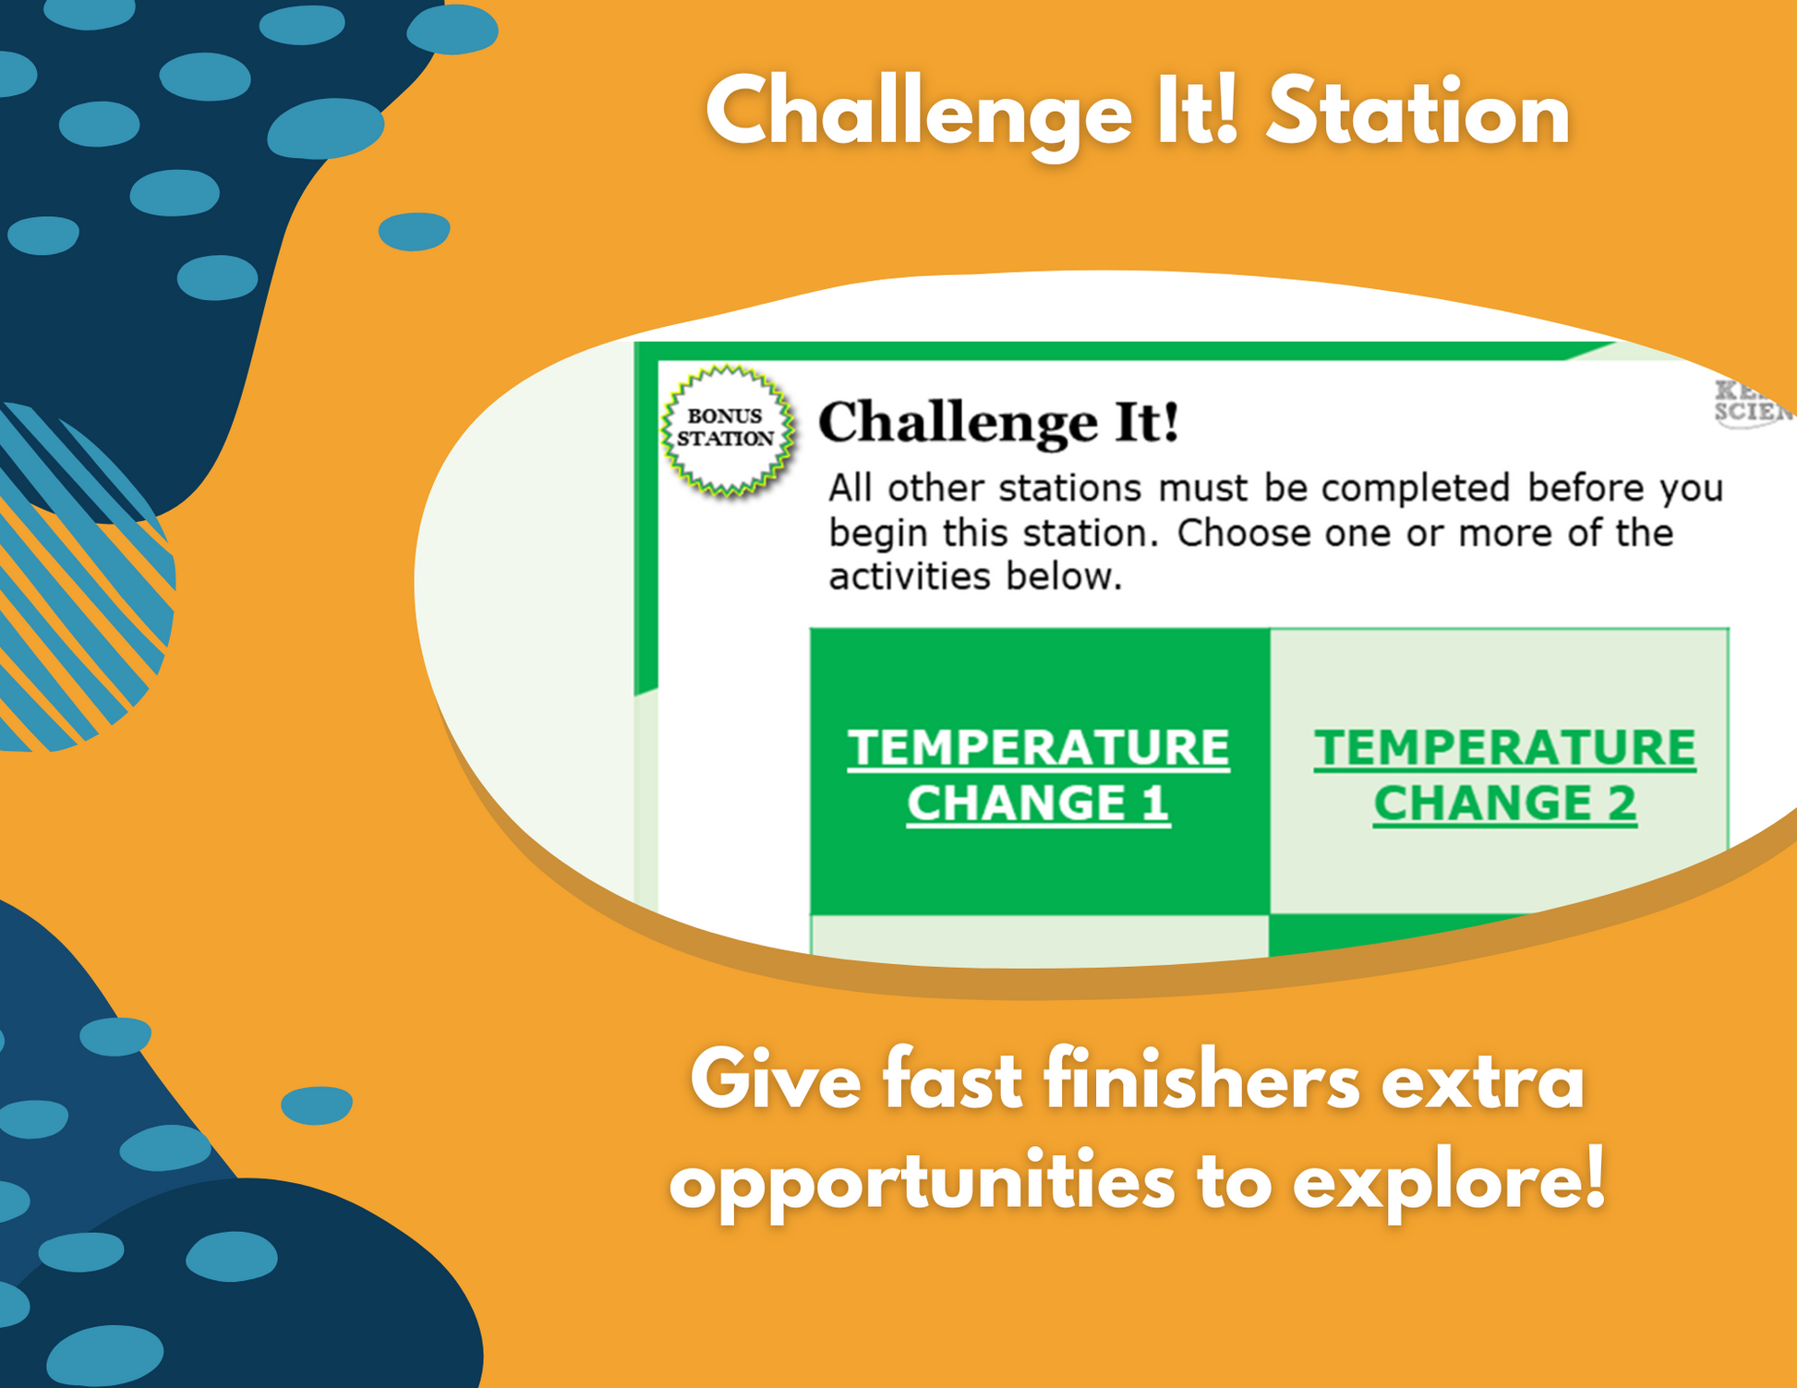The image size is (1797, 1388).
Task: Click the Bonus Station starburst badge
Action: click(728, 428)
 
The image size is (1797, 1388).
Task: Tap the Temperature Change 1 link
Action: click(1038, 774)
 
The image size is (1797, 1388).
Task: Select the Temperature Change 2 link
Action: click(1504, 774)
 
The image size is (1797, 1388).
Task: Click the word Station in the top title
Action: click(1417, 114)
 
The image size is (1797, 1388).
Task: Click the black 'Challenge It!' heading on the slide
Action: click(999, 422)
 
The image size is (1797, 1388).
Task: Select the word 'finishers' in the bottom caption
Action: click(1202, 1081)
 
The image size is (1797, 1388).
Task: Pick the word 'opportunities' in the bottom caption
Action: click(923, 1183)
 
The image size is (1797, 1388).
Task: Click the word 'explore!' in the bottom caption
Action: click(1449, 1183)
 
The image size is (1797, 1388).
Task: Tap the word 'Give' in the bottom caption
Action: click(776, 1081)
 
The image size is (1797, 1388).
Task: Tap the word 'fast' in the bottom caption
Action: click(951, 1081)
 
